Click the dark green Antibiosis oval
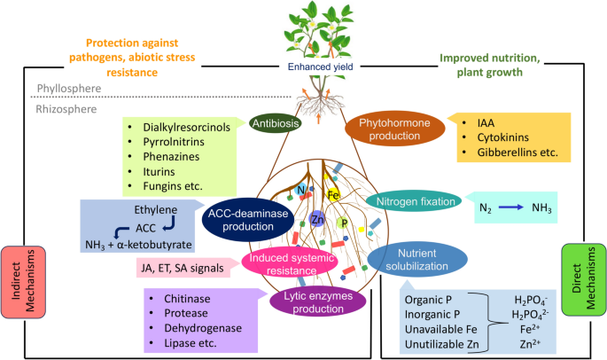coord(276,123)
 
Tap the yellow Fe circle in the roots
coord(334,194)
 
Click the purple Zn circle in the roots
coord(316,218)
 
